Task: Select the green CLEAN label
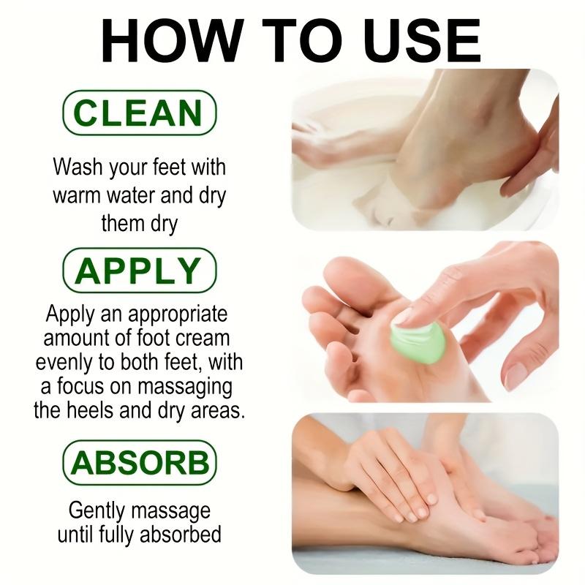pos(139,114)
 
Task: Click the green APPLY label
pos(139,271)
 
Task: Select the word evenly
pos(68,362)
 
